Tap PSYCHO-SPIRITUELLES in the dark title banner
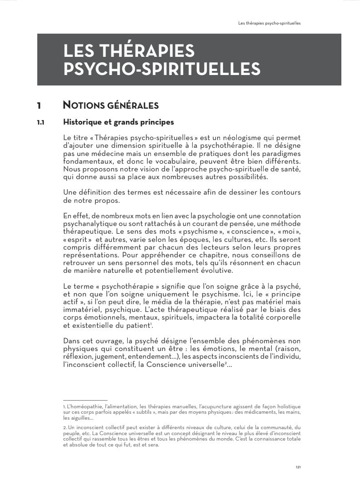tap(162, 69)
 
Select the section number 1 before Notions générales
tap(39, 106)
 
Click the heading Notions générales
tap(111, 106)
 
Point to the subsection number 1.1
tap(40, 122)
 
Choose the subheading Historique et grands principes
tap(119, 122)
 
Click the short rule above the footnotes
tap(85, 400)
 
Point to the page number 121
tap(298, 467)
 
